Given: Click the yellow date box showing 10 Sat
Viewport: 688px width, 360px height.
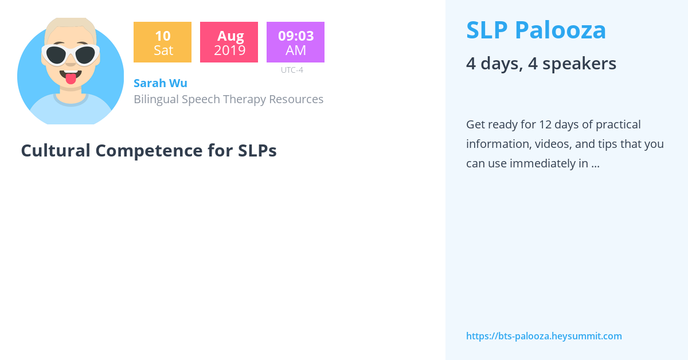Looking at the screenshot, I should click(x=162, y=42).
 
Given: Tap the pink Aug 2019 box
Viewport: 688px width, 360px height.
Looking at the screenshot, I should click(x=229, y=42).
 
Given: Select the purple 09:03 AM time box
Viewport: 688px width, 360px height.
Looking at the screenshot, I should click(x=295, y=42).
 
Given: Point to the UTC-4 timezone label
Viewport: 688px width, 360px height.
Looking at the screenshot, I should click(x=292, y=70).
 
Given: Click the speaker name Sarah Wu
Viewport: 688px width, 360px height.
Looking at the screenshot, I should click(x=160, y=83).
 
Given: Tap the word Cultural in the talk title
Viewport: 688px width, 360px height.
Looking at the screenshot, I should click(x=56, y=151).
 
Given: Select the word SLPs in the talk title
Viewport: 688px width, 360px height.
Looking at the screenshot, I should click(x=257, y=151).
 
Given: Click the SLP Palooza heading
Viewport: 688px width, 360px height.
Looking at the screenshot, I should click(x=536, y=30).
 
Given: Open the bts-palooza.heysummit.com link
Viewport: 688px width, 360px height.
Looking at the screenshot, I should click(x=544, y=336).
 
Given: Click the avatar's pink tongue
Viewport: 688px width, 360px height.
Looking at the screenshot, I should click(x=71, y=78).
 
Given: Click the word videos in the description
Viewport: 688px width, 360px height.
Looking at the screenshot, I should click(x=553, y=144).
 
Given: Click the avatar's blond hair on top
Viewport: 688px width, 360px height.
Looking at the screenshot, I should click(x=71, y=24).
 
